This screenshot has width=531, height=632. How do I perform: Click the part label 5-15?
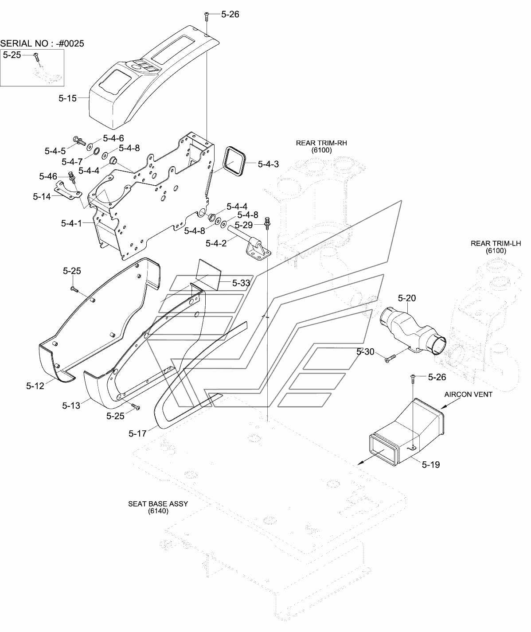[67, 98]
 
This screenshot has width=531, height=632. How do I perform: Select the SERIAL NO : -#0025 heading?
[42, 43]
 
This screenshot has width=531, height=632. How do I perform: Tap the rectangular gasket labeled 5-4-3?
[234, 161]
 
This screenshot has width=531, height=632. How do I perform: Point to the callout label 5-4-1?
[71, 223]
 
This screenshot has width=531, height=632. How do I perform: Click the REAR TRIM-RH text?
[321, 143]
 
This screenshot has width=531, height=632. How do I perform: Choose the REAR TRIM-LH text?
[496, 243]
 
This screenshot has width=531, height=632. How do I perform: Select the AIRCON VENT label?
[469, 394]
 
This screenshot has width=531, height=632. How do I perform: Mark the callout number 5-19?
[431, 464]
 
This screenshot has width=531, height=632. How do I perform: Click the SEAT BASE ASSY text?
[158, 504]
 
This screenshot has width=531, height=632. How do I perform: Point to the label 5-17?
[137, 434]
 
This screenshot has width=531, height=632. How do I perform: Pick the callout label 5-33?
[241, 283]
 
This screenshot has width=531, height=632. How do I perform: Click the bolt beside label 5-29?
[267, 223]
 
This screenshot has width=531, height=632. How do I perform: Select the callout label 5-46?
[48, 176]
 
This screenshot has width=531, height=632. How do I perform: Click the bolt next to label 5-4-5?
[79, 140]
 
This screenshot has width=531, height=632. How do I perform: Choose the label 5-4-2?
[216, 243]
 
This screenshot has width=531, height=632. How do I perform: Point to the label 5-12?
[35, 386]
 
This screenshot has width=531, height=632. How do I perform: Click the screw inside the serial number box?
[37, 57]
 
